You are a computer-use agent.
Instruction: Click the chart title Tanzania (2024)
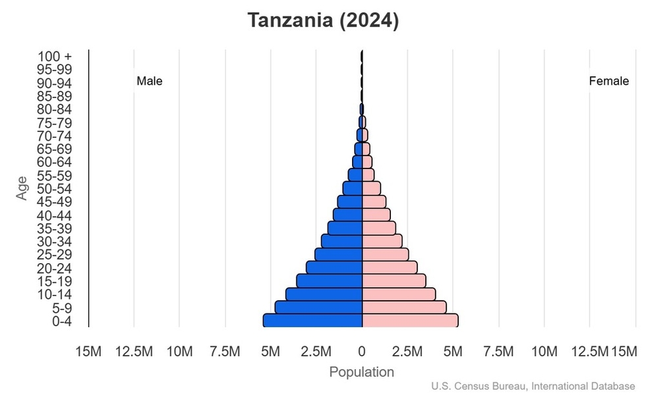click(x=323, y=20)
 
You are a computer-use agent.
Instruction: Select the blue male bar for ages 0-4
click(x=312, y=321)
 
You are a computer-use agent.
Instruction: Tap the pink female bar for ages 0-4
click(x=410, y=321)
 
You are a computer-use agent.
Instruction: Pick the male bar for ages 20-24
click(x=334, y=267)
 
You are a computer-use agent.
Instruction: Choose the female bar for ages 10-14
click(x=399, y=294)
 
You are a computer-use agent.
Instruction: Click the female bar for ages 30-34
click(x=382, y=241)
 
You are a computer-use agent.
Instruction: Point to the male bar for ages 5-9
click(x=318, y=307)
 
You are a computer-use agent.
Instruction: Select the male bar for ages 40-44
click(x=348, y=215)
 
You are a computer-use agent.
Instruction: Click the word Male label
click(x=150, y=82)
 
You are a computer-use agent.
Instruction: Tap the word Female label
click(x=608, y=82)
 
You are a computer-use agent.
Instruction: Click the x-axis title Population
click(x=361, y=372)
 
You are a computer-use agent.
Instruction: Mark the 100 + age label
click(x=54, y=57)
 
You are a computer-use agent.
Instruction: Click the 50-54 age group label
click(x=54, y=189)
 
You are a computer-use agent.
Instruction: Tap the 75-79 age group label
click(x=54, y=123)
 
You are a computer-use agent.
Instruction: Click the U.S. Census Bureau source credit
click(x=534, y=386)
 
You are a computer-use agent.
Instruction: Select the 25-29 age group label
click(x=54, y=255)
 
